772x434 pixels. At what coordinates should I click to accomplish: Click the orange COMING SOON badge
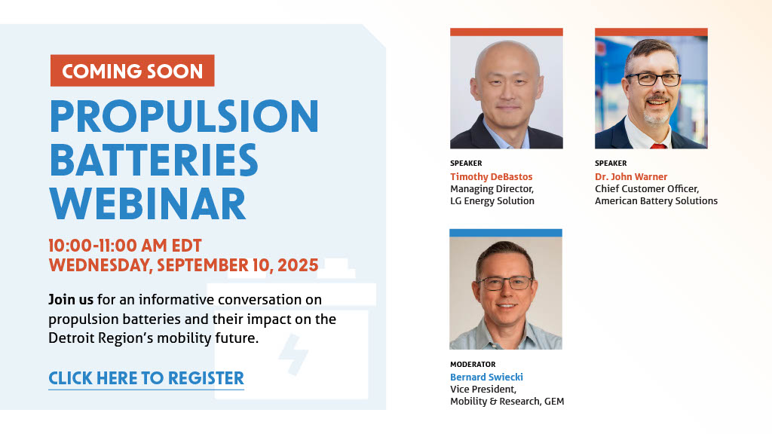click(x=133, y=70)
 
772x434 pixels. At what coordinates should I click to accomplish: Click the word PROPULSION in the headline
click(x=184, y=116)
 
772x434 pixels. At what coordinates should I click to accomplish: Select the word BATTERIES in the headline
click(x=154, y=160)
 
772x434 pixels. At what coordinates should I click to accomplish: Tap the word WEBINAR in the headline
click(x=148, y=203)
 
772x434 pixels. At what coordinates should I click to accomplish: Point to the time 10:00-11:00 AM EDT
click(x=125, y=246)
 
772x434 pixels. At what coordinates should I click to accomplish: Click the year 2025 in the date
click(x=298, y=265)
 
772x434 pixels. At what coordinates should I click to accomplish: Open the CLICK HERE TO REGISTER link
click(x=146, y=378)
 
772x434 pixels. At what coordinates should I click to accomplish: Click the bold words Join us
click(x=71, y=300)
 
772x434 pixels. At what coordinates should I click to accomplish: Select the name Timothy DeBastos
click(x=492, y=176)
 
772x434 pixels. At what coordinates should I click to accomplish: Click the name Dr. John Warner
click(x=631, y=176)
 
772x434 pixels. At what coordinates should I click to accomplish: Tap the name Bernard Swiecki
click(x=486, y=377)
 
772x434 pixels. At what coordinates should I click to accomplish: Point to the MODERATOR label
click(x=473, y=364)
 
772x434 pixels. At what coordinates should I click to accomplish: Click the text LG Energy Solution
click(x=492, y=200)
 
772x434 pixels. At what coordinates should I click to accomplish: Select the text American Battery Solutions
click(x=656, y=200)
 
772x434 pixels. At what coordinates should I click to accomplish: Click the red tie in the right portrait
click(x=657, y=145)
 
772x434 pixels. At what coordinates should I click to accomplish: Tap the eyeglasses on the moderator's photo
click(x=504, y=283)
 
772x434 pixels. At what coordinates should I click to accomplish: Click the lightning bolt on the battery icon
click(x=293, y=354)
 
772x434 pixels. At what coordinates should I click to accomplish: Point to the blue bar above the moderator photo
click(x=506, y=233)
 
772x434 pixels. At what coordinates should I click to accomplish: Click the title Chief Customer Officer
click(x=646, y=189)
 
